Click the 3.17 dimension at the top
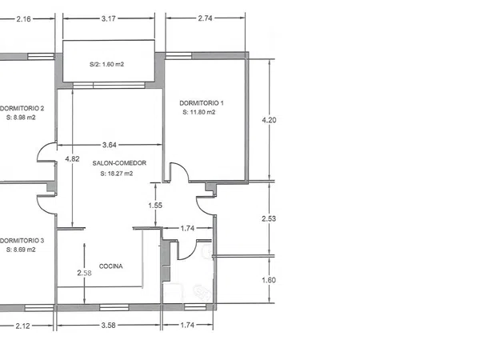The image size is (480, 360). (108, 18)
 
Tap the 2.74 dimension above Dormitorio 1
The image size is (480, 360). (205, 18)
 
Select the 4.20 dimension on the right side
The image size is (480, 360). (269, 120)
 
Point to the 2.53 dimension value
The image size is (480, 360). (269, 218)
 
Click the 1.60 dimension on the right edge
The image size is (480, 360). (269, 280)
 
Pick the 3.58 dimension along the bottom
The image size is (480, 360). (108, 326)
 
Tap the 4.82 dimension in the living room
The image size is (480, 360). (72, 159)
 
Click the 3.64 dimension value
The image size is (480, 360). (110, 145)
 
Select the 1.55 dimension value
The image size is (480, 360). (155, 206)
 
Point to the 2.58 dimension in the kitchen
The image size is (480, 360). (84, 273)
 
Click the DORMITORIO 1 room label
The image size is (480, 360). (202, 103)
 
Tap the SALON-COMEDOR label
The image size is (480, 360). (119, 163)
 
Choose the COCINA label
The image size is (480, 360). (111, 266)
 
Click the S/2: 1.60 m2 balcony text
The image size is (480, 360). (107, 64)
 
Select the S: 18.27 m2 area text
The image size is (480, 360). (117, 174)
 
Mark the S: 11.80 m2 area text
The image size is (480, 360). (199, 112)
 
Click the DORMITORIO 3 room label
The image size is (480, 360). (22, 241)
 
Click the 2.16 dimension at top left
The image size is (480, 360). (23, 19)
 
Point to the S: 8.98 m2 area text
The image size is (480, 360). (21, 118)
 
